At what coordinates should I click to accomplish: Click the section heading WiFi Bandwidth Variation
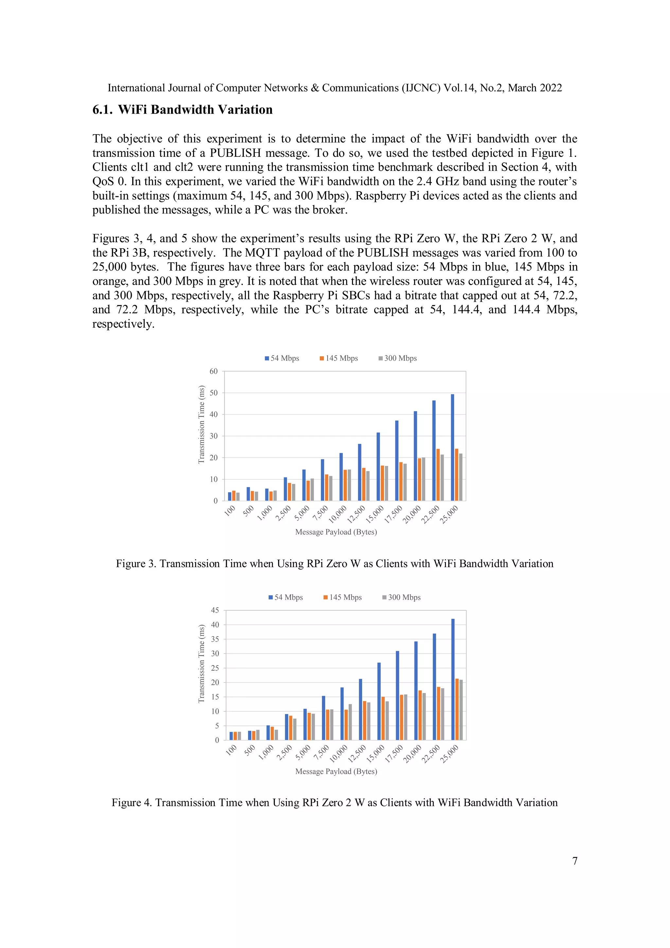point(195,110)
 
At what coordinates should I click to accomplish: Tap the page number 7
point(575,861)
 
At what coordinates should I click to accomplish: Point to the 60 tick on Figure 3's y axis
point(213,371)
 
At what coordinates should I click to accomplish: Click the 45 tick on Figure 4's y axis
point(215,610)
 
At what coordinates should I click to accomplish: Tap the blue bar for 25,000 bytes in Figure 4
point(453,679)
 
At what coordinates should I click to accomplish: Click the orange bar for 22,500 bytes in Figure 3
point(438,475)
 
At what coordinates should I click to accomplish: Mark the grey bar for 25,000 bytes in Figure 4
point(461,710)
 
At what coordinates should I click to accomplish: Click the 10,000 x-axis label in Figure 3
point(338,514)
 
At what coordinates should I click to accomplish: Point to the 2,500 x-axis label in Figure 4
point(284,753)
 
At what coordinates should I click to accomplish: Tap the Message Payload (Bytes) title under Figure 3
point(336,532)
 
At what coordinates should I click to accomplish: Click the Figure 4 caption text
point(334,802)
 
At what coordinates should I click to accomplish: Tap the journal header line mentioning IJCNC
point(334,88)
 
